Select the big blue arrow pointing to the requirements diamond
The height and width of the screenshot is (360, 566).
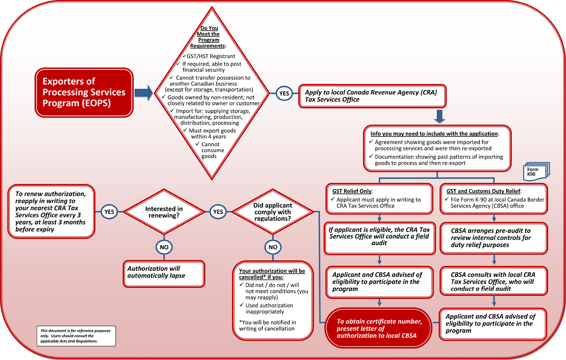144,92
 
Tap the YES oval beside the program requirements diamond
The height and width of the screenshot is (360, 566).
283,94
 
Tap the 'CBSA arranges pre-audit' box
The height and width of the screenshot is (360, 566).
494,236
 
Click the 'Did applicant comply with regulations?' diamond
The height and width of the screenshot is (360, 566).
273,212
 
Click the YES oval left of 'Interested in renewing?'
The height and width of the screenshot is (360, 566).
109,212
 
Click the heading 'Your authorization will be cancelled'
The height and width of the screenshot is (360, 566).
272,274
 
